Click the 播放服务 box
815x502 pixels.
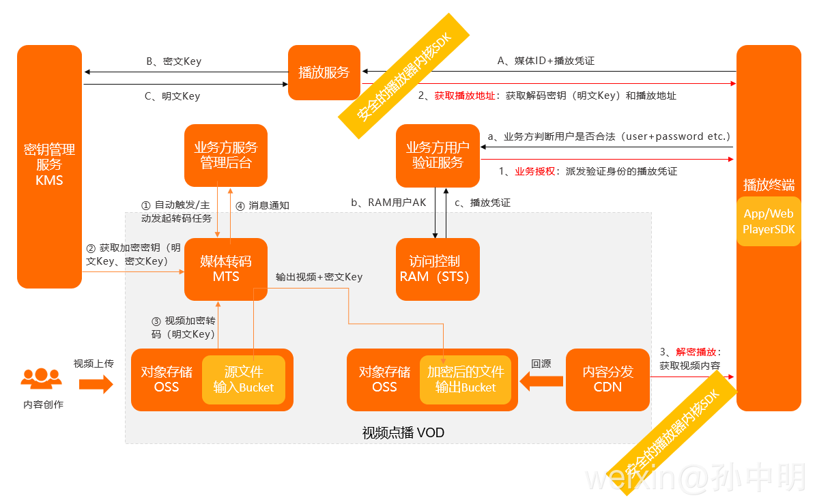point(324,72)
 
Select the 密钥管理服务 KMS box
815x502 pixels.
point(49,166)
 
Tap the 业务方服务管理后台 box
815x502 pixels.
point(226,156)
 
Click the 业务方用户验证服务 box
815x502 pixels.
point(438,156)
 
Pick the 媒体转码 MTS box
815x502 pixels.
point(226,269)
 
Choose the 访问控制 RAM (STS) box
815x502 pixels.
point(438,269)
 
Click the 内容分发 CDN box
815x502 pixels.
point(607,379)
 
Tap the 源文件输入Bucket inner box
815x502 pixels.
point(243,380)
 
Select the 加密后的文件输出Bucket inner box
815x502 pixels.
point(466,380)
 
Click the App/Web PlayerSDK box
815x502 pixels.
point(769,222)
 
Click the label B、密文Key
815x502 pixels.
point(174,61)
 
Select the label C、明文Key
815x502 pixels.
point(172,96)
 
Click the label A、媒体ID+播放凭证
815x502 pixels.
point(545,61)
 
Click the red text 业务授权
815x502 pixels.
point(534,171)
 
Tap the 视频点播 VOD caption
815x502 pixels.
point(403,433)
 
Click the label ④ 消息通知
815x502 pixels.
point(262,205)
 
